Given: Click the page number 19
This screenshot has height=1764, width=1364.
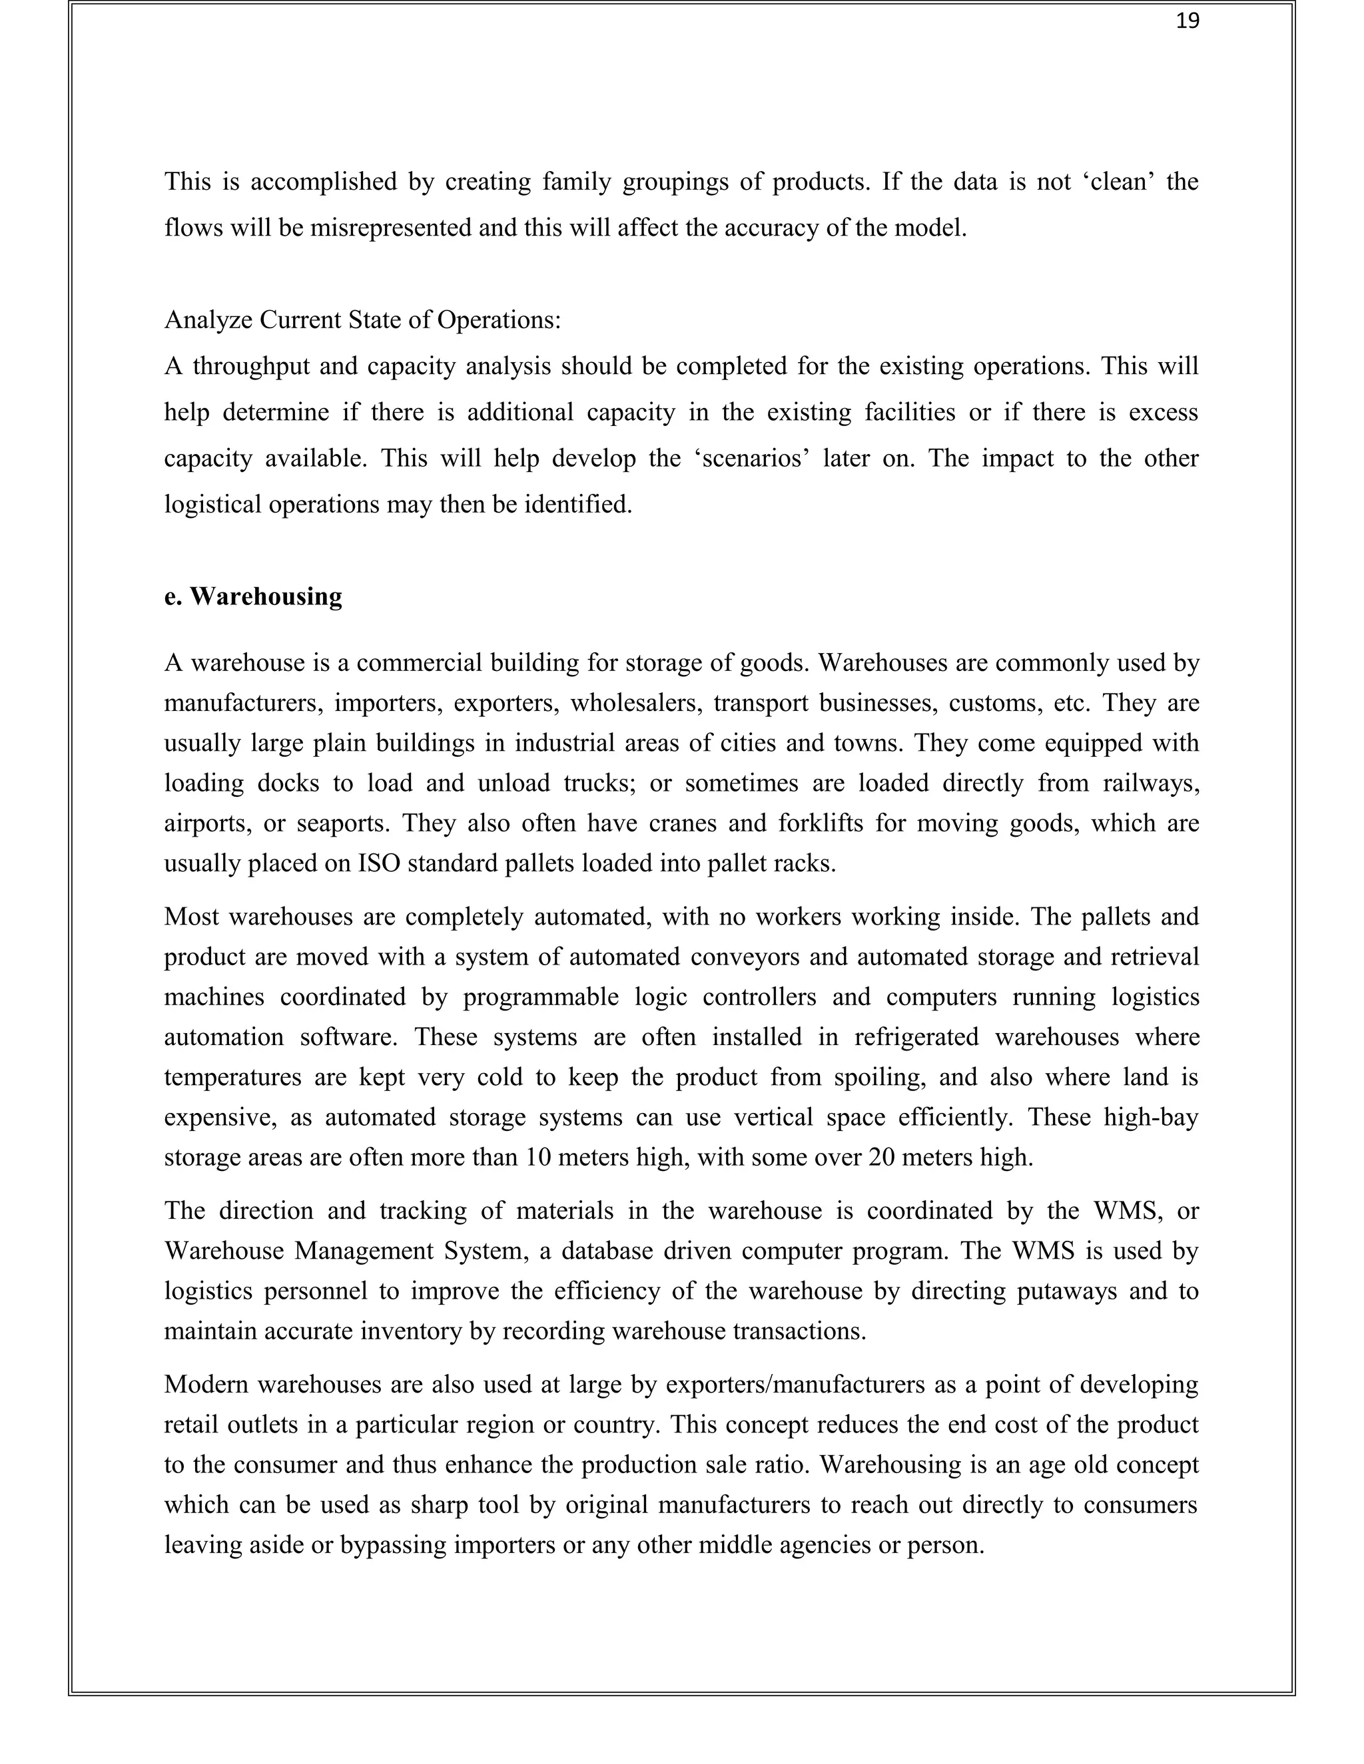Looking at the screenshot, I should pos(1187,22).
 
